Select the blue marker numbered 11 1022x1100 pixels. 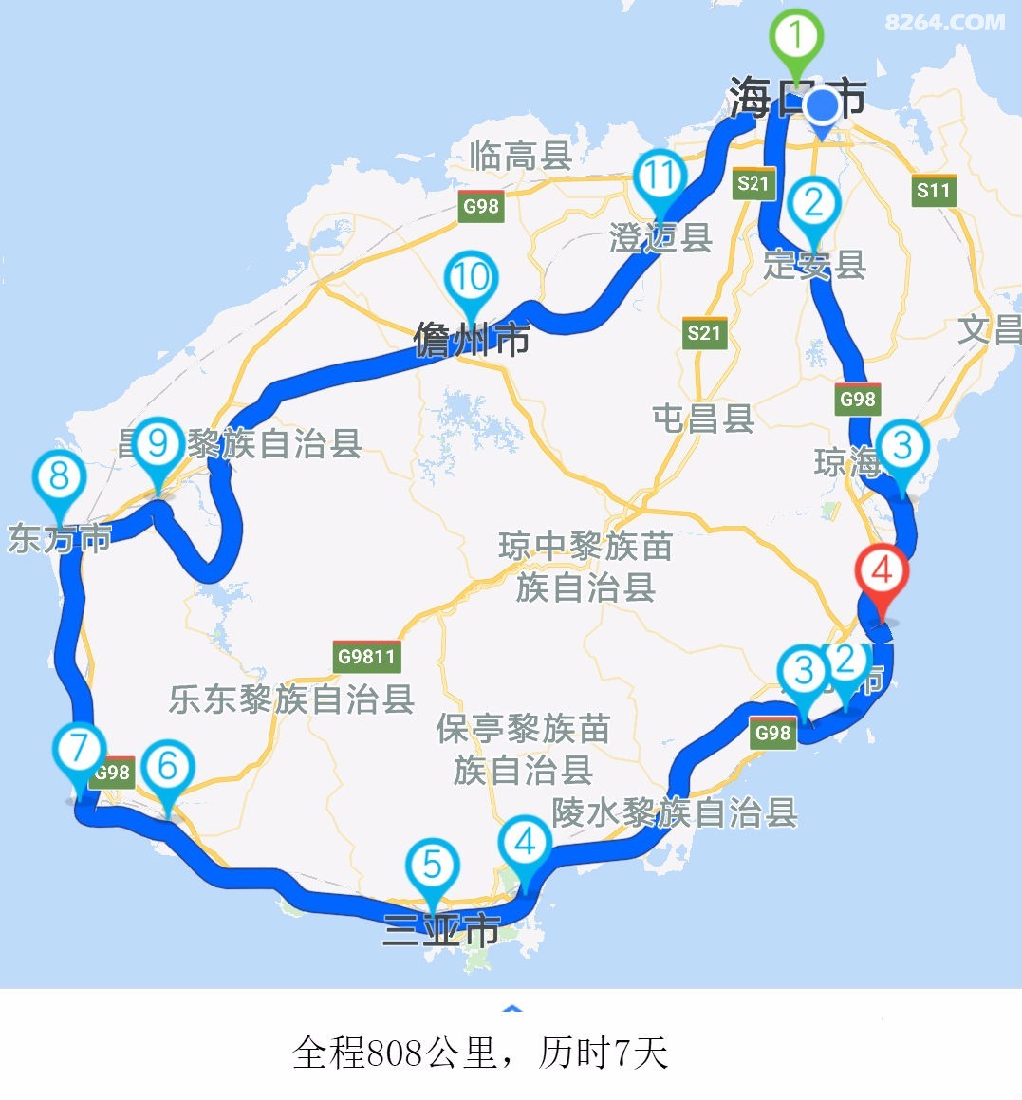coord(660,177)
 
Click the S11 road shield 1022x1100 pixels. coord(933,190)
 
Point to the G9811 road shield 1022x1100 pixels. coord(366,657)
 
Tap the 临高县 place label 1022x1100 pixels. coord(521,156)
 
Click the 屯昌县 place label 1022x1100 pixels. coord(703,418)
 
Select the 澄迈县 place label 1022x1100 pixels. coord(660,237)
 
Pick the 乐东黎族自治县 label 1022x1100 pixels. coord(291,699)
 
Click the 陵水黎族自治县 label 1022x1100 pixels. coord(675,813)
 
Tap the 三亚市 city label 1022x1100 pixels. coord(441,929)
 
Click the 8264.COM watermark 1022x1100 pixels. coord(944,21)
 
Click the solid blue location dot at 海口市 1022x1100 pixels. coord(822,104)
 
